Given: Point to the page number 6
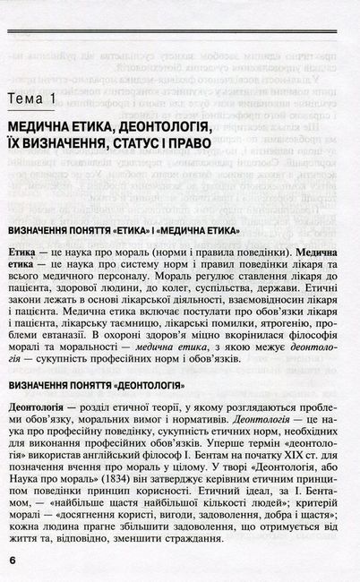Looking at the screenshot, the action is tap(13, 559).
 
